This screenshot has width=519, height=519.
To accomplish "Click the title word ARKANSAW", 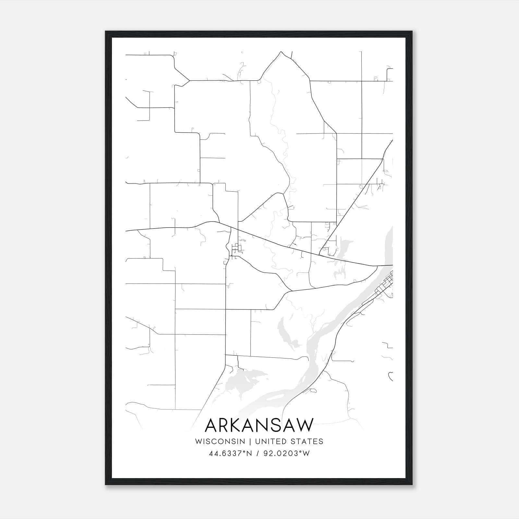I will [x=259, y=425].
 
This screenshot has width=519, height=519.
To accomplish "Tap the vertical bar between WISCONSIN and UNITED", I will [x=250, y=441].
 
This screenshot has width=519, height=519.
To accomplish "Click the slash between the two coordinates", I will [x=257, y=453].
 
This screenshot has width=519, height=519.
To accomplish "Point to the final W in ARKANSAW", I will [x=305, y=425].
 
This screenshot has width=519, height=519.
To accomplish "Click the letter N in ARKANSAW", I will [x=264, y=425].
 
